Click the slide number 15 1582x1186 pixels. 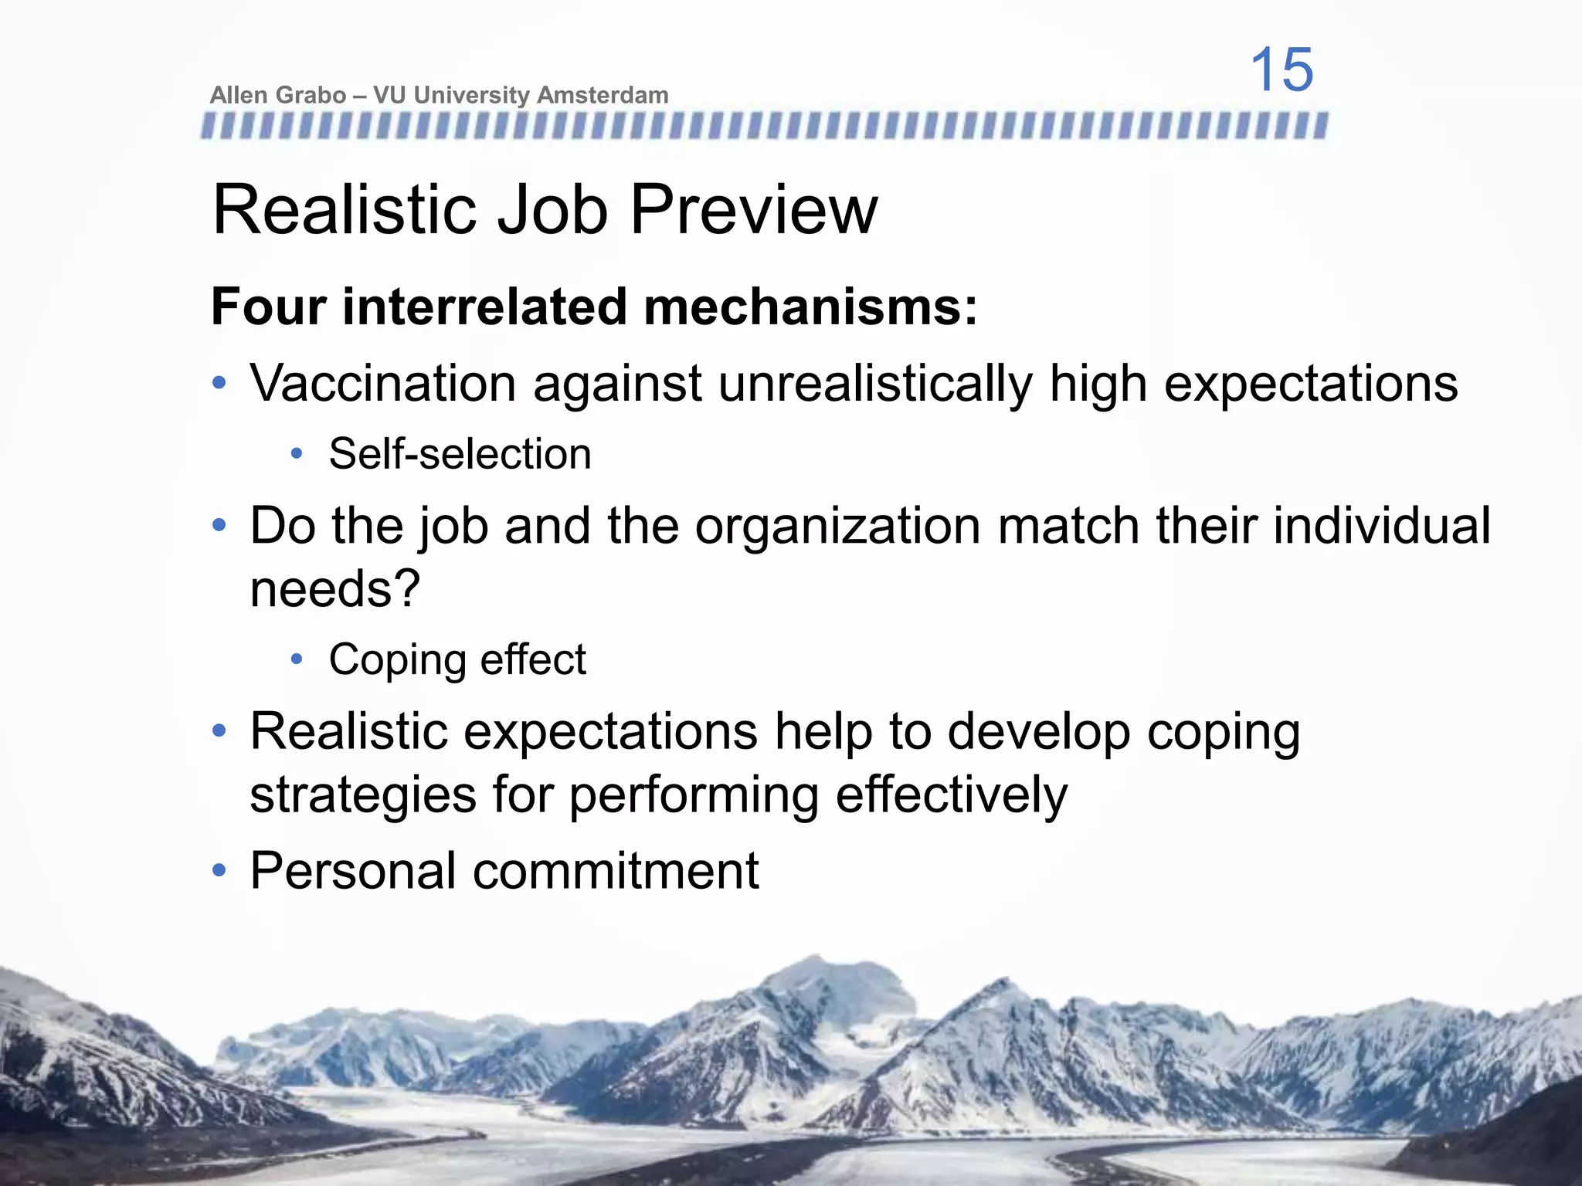tap(1282, 69)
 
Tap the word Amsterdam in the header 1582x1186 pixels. tap(603, 95)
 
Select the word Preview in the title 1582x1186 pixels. tap(754, 210)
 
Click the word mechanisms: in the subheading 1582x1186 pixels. tap(810, 307)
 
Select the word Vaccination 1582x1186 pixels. tap(382, 383)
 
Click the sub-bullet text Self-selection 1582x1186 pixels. tap(460, 454)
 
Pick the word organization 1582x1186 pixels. tap(837, 526)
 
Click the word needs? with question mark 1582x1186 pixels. tap(334, 589)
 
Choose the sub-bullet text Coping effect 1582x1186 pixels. tap(457, 660)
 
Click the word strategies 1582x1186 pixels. tap(363, 795)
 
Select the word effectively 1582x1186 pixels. tap(952, 795)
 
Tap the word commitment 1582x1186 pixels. tap(616, 871)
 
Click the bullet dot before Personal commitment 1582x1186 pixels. tap(219, 871)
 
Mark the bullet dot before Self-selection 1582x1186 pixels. tap(297, 454)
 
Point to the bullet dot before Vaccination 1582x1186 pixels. tap(219, 383)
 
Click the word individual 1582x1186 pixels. tap(1381, 526)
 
